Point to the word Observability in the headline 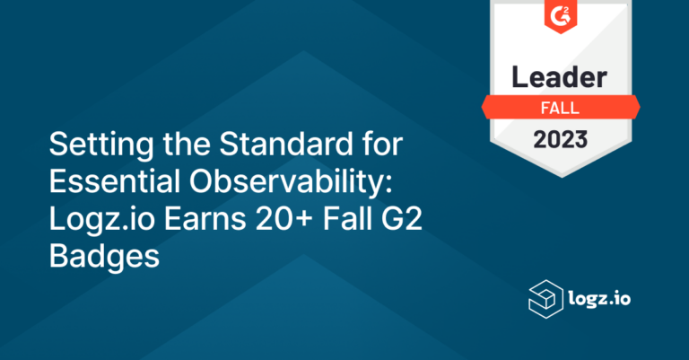(x=291, y=182)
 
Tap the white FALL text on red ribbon (x=562, y=108)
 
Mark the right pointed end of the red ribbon (x=638, y=107)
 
